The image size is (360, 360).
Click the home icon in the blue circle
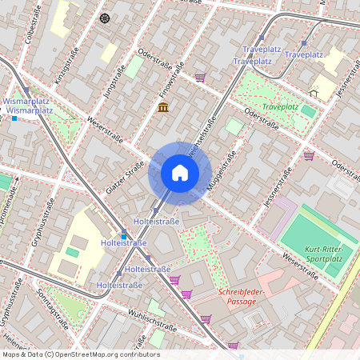(180, 172)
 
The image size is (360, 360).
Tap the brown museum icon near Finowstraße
(163, 107)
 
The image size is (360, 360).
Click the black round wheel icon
(104, 18)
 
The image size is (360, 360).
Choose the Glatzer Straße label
(125, 177)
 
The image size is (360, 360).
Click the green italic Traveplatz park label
(279, 106)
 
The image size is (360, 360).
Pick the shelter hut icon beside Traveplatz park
(314, 92)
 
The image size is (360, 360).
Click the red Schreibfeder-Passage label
(246, 297)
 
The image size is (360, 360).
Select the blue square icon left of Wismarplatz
(14, 118)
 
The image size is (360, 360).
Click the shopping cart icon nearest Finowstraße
(199, 78)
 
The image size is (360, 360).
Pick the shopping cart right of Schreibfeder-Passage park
(206, 318)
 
